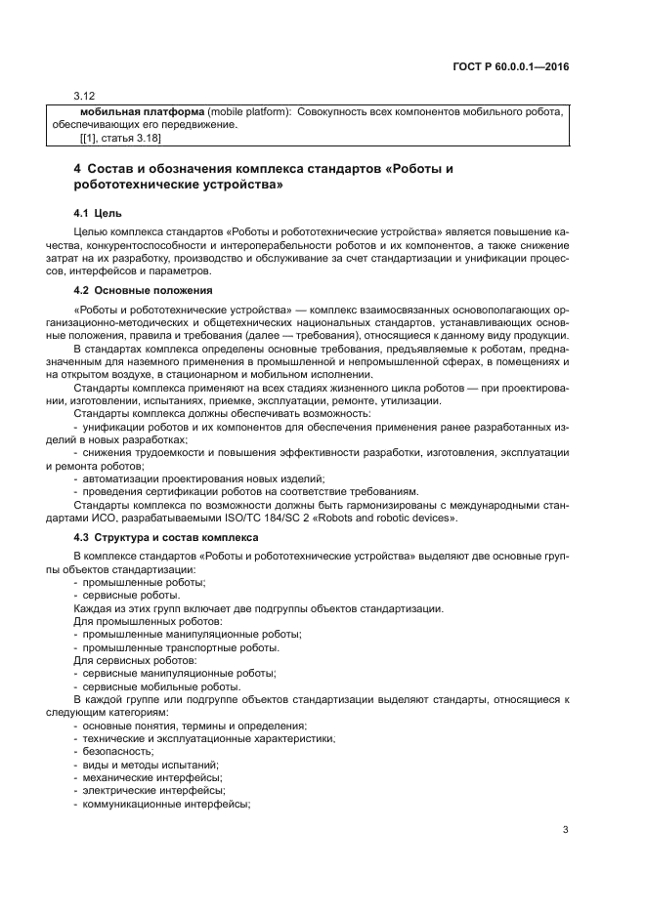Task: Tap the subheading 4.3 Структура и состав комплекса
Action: pos(166,537)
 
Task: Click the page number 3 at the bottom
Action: pos(565,830)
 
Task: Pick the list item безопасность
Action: pos(117,751)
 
